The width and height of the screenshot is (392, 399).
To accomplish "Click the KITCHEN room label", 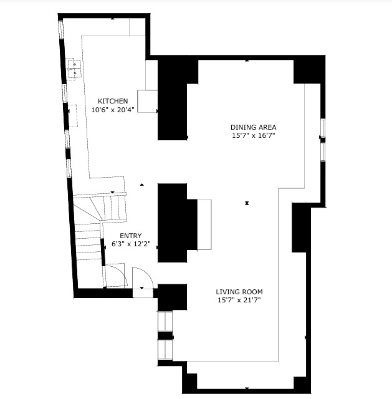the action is pyautogui.click(x=113, y=101).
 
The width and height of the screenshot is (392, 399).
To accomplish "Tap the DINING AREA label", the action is pyautogui.click(x=254, y=127).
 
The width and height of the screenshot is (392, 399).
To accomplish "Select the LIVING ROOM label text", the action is pyautogui.click(x=239, y=292).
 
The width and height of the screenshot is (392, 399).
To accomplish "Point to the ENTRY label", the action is pyautogui.click(x=131, y=236).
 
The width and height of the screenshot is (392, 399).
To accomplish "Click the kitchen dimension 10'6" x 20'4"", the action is pyautogui.click(x=113, y=110).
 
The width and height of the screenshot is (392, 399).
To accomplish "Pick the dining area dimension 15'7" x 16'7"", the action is pyautogui.click(x=254, y=135).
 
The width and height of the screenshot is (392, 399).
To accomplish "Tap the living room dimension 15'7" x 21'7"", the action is pyautogui.click(x=239, y=300).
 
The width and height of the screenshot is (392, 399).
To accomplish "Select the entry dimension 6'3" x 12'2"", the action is pyautogui.click(x=131, y=244).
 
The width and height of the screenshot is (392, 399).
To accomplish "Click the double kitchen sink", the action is pyautogui.click(x=74, y=69).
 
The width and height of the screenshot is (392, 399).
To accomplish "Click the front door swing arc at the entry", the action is pyautogui.click(x=148, y=273).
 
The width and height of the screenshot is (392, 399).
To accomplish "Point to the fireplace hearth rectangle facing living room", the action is pyautogui.click(x=204, y=224).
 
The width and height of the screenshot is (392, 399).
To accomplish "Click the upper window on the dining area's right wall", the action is pyautogui.click(x=323, y=128).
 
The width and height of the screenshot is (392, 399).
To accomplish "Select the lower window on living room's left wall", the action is pyautogui.click(x=165, y=350).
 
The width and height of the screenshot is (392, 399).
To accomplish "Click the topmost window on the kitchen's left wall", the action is pyautogui.click(x=61, y=30).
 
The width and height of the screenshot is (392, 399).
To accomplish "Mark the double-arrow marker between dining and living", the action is pyautogui.click(x=247, y=203).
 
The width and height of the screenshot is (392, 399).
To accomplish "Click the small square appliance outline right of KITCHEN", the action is pyautogui.click(x=148, y=101).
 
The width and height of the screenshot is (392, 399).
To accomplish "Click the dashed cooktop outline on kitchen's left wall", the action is pyautogui.click(x=73, y=116).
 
